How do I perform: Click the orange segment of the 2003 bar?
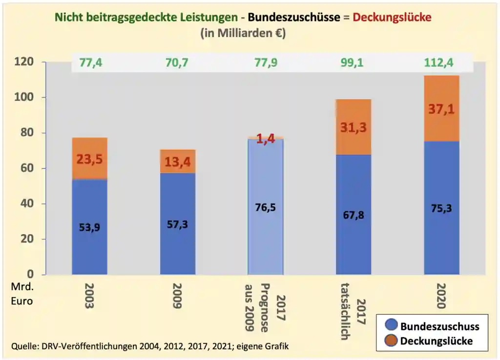point(89,146)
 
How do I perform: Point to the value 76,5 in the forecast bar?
point(265,207)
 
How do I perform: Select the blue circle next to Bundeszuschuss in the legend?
point(391,326)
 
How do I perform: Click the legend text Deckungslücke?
point(436,341)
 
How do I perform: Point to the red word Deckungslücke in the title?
point(392,18)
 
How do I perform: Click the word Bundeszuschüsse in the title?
point(293,18)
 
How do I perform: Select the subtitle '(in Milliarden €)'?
point(243,33)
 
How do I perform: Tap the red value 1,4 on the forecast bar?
point(266,139)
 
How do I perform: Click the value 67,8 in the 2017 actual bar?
point(353,215)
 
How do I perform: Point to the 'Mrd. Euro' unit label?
point(22,294)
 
